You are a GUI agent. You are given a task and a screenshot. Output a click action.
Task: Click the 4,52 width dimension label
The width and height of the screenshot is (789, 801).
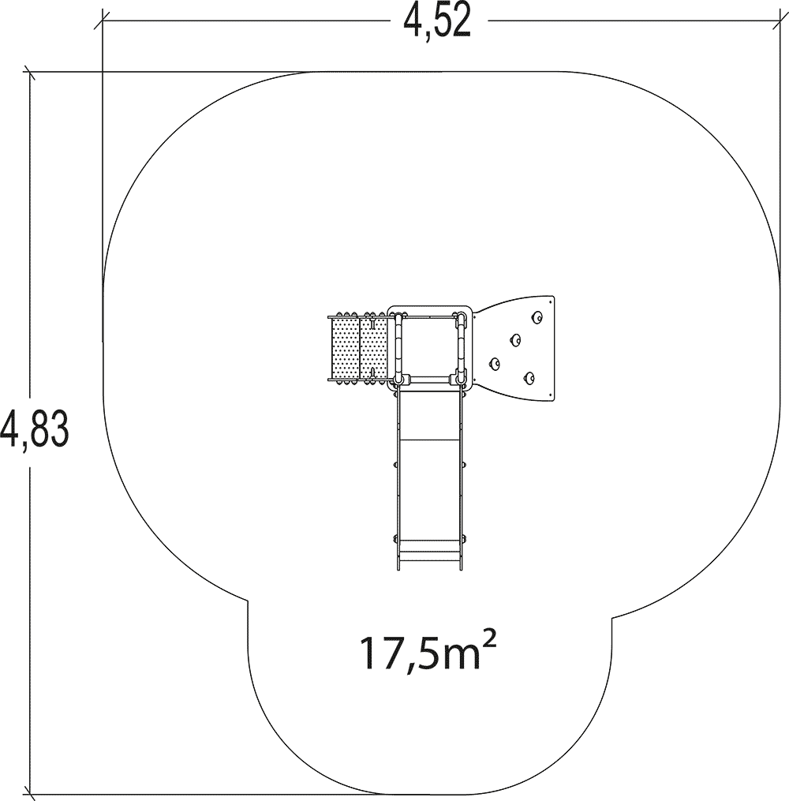[436, 22]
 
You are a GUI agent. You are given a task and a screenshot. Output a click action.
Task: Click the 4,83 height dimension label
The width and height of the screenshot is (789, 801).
[35, 429]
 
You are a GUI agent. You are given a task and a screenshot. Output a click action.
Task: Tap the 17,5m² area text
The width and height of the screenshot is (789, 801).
[428, 653]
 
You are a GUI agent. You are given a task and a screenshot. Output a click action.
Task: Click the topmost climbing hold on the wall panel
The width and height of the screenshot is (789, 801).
[537, 318]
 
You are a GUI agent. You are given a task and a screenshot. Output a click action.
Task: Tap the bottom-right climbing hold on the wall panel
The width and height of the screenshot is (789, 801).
[529, 378]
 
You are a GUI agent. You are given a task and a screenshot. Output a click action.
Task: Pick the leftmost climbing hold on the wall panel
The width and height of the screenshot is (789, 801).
[495, 364]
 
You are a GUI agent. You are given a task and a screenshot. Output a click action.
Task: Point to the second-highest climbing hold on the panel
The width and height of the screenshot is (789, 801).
[515, 339]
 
